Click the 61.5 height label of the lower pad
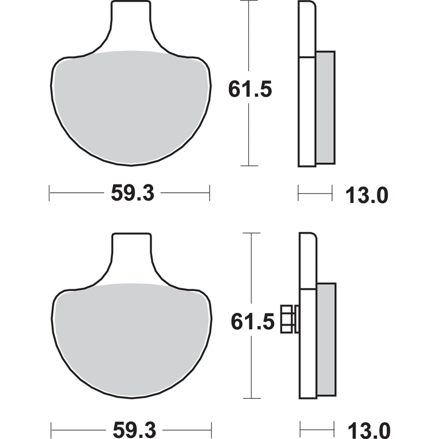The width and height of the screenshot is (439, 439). point(252,322)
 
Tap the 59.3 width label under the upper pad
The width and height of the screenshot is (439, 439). point(133,193)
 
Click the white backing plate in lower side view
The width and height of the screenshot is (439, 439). point(308,343)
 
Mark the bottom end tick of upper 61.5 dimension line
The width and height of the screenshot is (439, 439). point(249,166)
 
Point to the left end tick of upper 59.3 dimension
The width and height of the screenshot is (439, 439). point(49,193)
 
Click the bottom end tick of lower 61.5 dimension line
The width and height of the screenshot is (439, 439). point(252,398)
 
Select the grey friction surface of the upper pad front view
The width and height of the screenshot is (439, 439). point(131,106)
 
